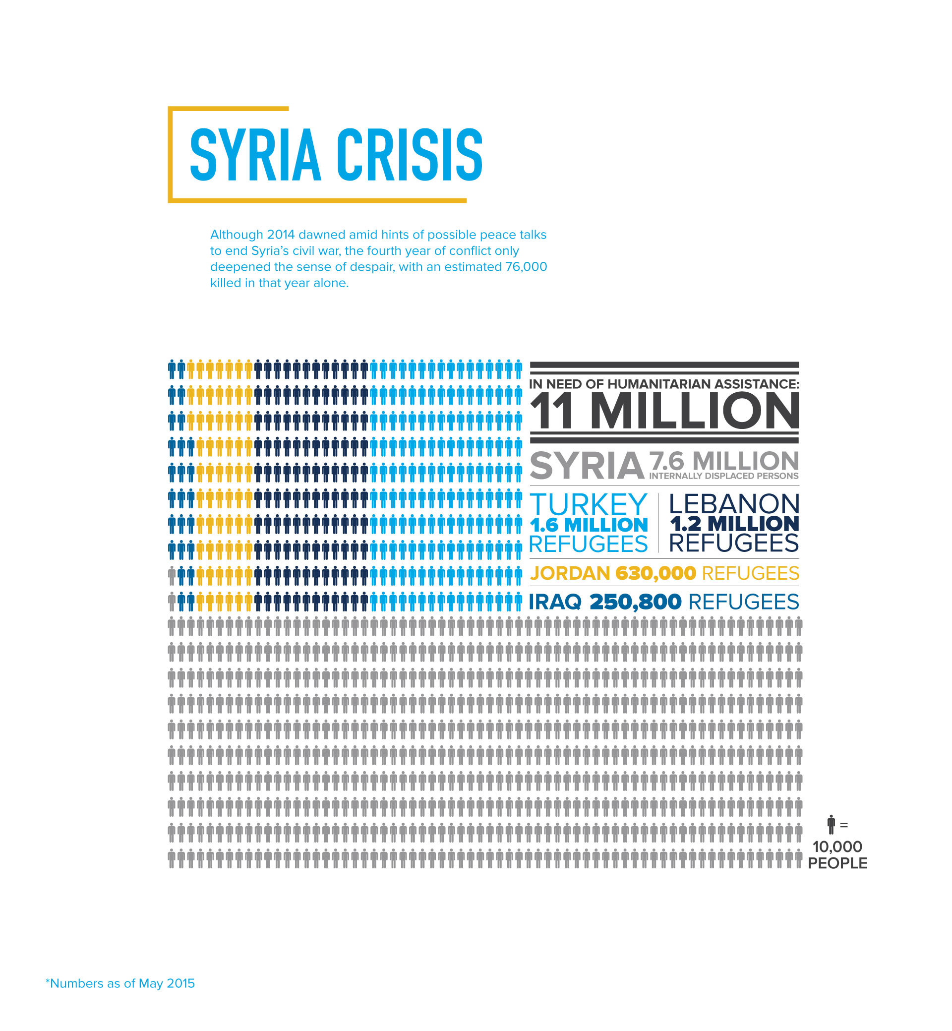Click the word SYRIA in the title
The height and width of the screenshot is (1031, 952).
(x=255, y=155)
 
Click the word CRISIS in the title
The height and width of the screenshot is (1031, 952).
(x=410, y=155)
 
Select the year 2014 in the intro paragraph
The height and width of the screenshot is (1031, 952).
(x=281, y=235)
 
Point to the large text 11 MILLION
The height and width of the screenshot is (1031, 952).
(x=664, y=411)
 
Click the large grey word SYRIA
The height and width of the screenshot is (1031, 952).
(x=587, y=466)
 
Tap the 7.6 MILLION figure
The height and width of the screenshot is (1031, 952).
(x=723, y=460)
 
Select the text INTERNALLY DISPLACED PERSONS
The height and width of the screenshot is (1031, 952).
(x=723, y=476)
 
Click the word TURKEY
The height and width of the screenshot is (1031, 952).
(x=589, y=504)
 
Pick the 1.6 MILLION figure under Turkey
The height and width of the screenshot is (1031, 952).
(x=589, y=525)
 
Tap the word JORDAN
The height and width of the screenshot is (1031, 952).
(x=570, y=573)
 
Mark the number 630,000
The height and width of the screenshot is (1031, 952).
(x=655, y=573)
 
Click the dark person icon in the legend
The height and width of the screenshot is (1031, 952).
(x=831, y=825)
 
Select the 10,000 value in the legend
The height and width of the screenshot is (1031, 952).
(x=837, y=847)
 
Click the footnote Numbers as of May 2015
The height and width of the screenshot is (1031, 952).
(x=120, y=983)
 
